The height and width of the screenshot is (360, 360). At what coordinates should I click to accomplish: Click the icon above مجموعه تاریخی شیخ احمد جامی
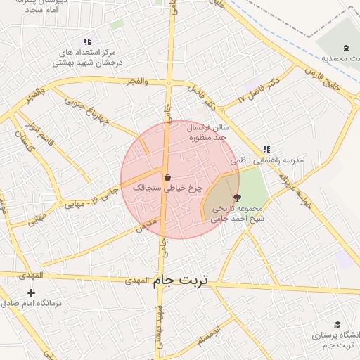pyautogui.click(x=236, y=198)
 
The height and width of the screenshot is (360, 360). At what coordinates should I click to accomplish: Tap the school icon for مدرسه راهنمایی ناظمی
pyautogui.click(x=266, y=149)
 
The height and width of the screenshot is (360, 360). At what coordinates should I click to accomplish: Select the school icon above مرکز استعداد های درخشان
pyautogui.click(x=87, y=42)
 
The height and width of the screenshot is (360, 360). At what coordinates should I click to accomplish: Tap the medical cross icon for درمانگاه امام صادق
pyautogui.click(x=31, y=292)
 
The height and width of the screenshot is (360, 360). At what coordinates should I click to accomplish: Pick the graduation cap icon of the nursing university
pyautogui.click(x=337, y=324)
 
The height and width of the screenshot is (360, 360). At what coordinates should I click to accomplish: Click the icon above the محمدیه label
pyautogui.click(x=345, y=48)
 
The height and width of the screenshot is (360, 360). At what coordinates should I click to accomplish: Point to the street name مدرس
pyautogui.click(x=148, y=226)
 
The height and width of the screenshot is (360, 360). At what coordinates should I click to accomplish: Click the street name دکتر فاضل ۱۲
pyautogui.click(x=259, y=89)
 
